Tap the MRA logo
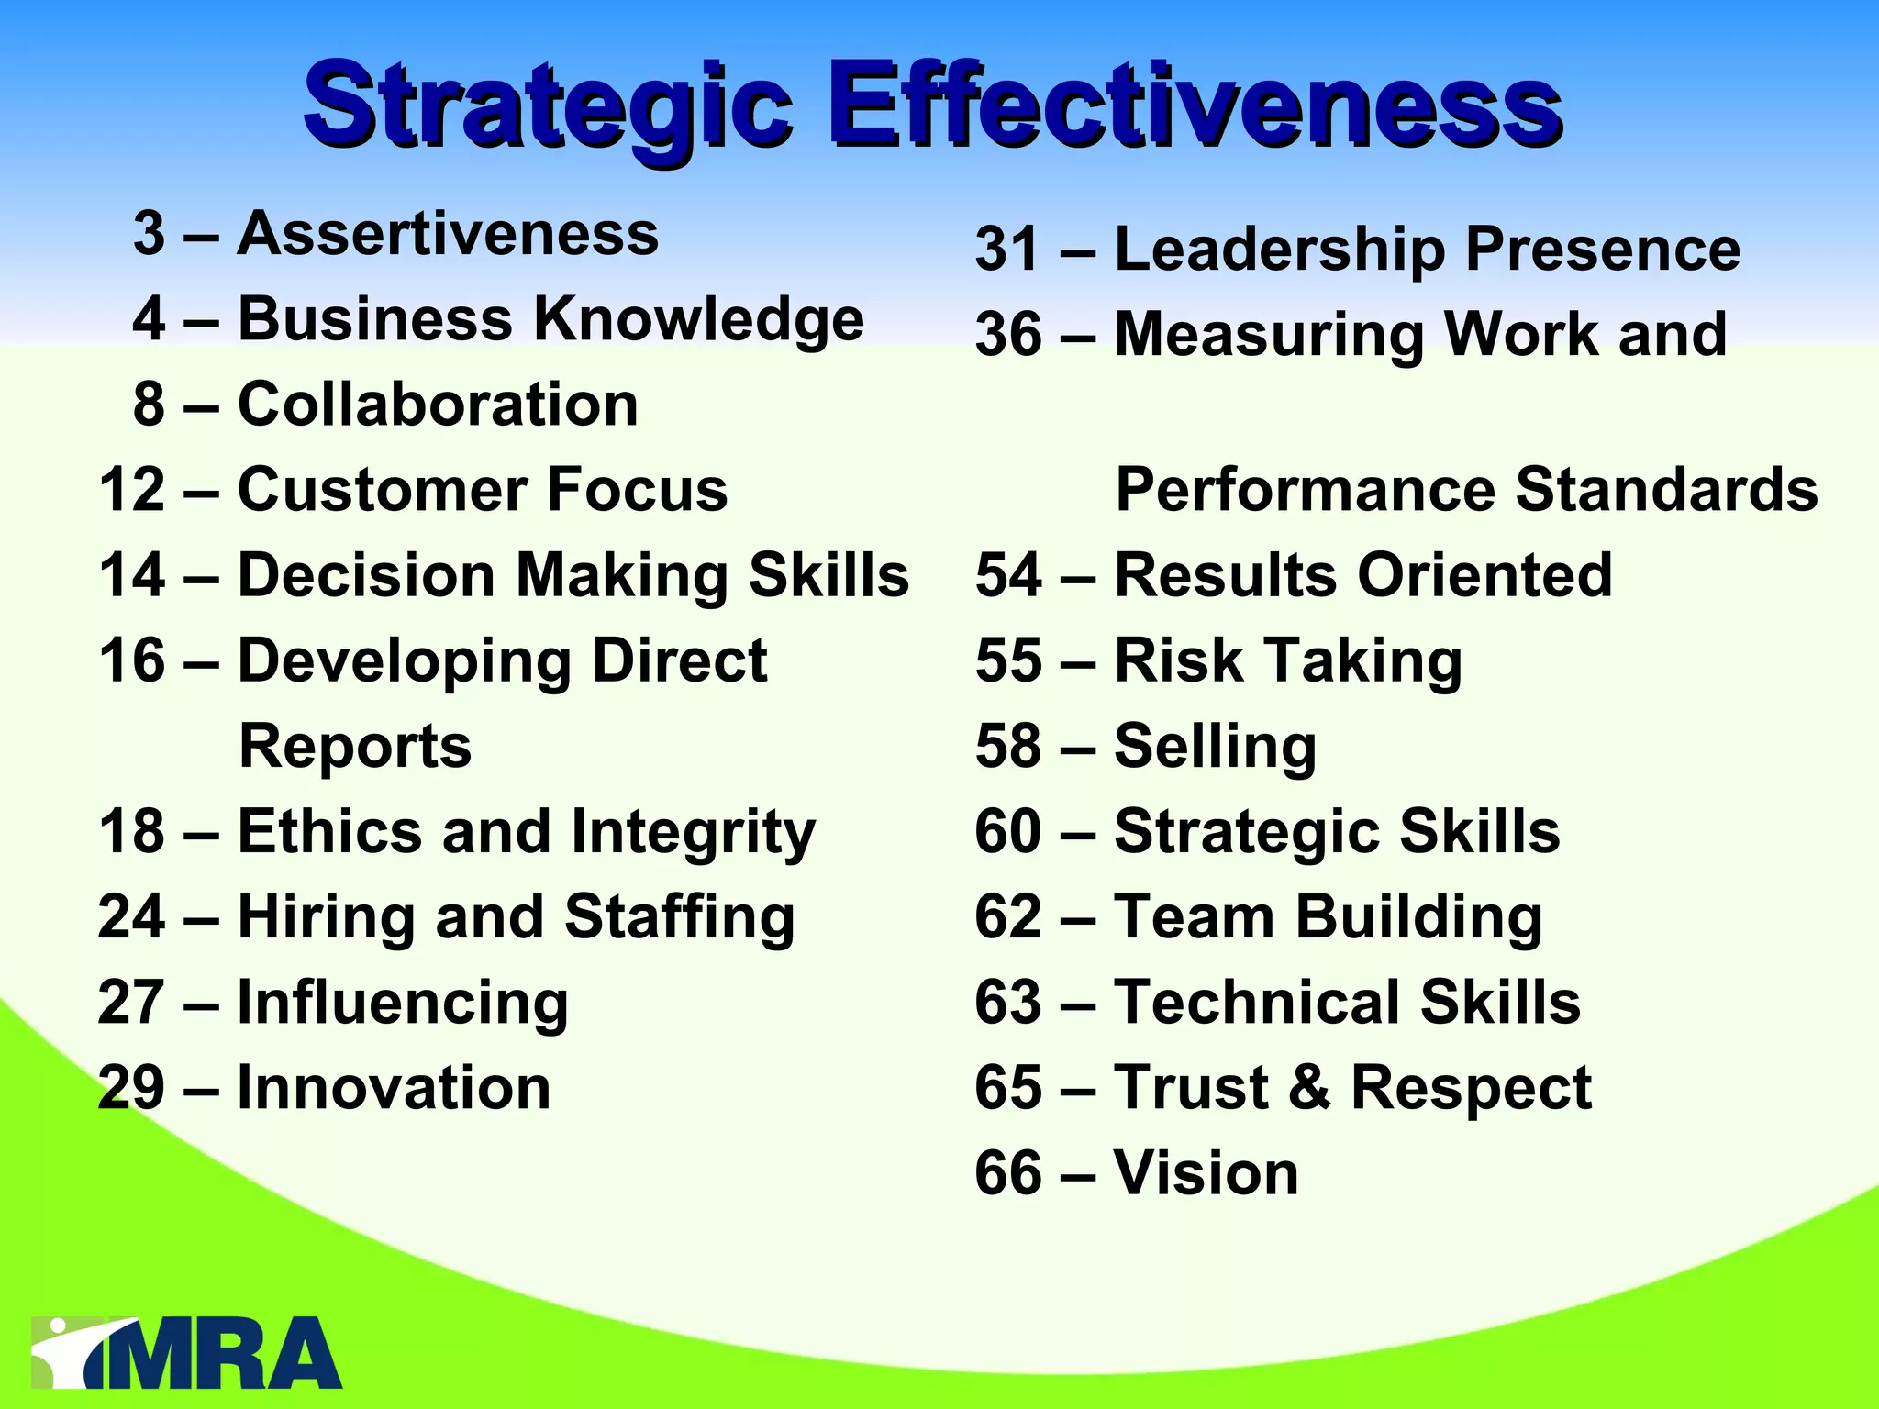coord(187,1354)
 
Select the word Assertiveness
coord(448,233)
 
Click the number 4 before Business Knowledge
coord(149,319)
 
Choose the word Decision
coord(366,575)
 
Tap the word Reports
coord(355,746)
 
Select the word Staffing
coord(679,917)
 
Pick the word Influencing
coord(403,1003)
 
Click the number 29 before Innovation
coord(131,1088)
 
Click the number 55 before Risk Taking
coord(1008,660)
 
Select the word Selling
coord(1215,746)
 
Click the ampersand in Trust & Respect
coord(1309,1088)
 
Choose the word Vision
coord(1206,1173)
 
